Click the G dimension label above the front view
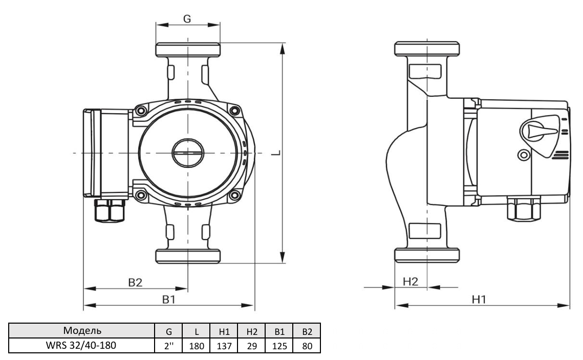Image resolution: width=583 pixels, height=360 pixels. (187, 18)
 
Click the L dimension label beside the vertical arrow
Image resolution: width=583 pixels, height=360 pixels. (275, 153)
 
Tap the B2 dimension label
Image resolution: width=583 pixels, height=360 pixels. (135, 283)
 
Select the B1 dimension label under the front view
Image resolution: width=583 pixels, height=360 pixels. (169, 300)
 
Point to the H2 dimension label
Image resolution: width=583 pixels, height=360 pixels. (411, 281)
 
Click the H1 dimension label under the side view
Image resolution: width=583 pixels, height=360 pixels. (479, 299)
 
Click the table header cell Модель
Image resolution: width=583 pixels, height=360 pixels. (82, 331)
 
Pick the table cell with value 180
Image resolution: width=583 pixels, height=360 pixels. (197, 346)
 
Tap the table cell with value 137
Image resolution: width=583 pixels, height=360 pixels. (224, 346)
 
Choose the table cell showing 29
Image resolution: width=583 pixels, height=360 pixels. (252, 346)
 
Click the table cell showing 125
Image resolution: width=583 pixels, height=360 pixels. (279, 346)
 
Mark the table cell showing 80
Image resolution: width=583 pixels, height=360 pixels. (307, 346)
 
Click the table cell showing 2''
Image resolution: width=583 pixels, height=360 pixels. (168, 346)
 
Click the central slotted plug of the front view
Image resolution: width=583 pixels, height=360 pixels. (188, 153)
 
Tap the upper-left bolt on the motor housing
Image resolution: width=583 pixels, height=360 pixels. (141, 111)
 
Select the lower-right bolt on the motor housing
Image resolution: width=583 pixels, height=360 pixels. (234, 195)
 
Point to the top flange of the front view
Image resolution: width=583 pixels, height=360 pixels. (188, 50)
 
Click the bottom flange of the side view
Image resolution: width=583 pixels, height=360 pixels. (427, 256)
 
